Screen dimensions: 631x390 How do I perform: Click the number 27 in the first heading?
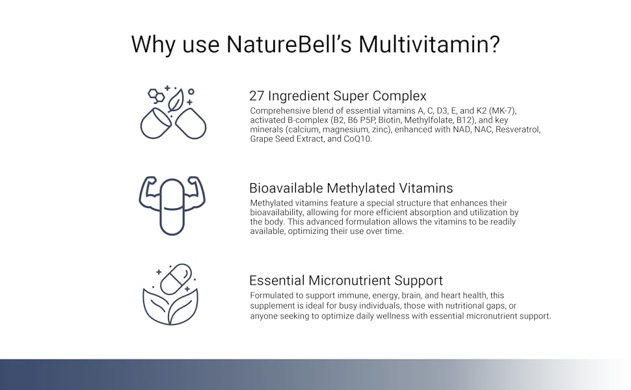[256, 96]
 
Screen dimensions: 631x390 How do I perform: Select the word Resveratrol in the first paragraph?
[518, 129]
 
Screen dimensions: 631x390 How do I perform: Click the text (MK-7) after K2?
[503, 110]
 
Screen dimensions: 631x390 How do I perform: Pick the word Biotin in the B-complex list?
[390, 120]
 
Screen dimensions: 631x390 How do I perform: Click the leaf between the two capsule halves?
[175, 101]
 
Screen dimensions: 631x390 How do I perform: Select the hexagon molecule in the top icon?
[155, 96]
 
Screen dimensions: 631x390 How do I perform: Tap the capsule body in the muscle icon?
[172, 207]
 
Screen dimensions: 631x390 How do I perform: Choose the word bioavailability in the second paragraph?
[275, 213]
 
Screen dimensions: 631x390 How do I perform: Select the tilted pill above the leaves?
[176, 279]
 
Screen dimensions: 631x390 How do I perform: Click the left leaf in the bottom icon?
[156, 305]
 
